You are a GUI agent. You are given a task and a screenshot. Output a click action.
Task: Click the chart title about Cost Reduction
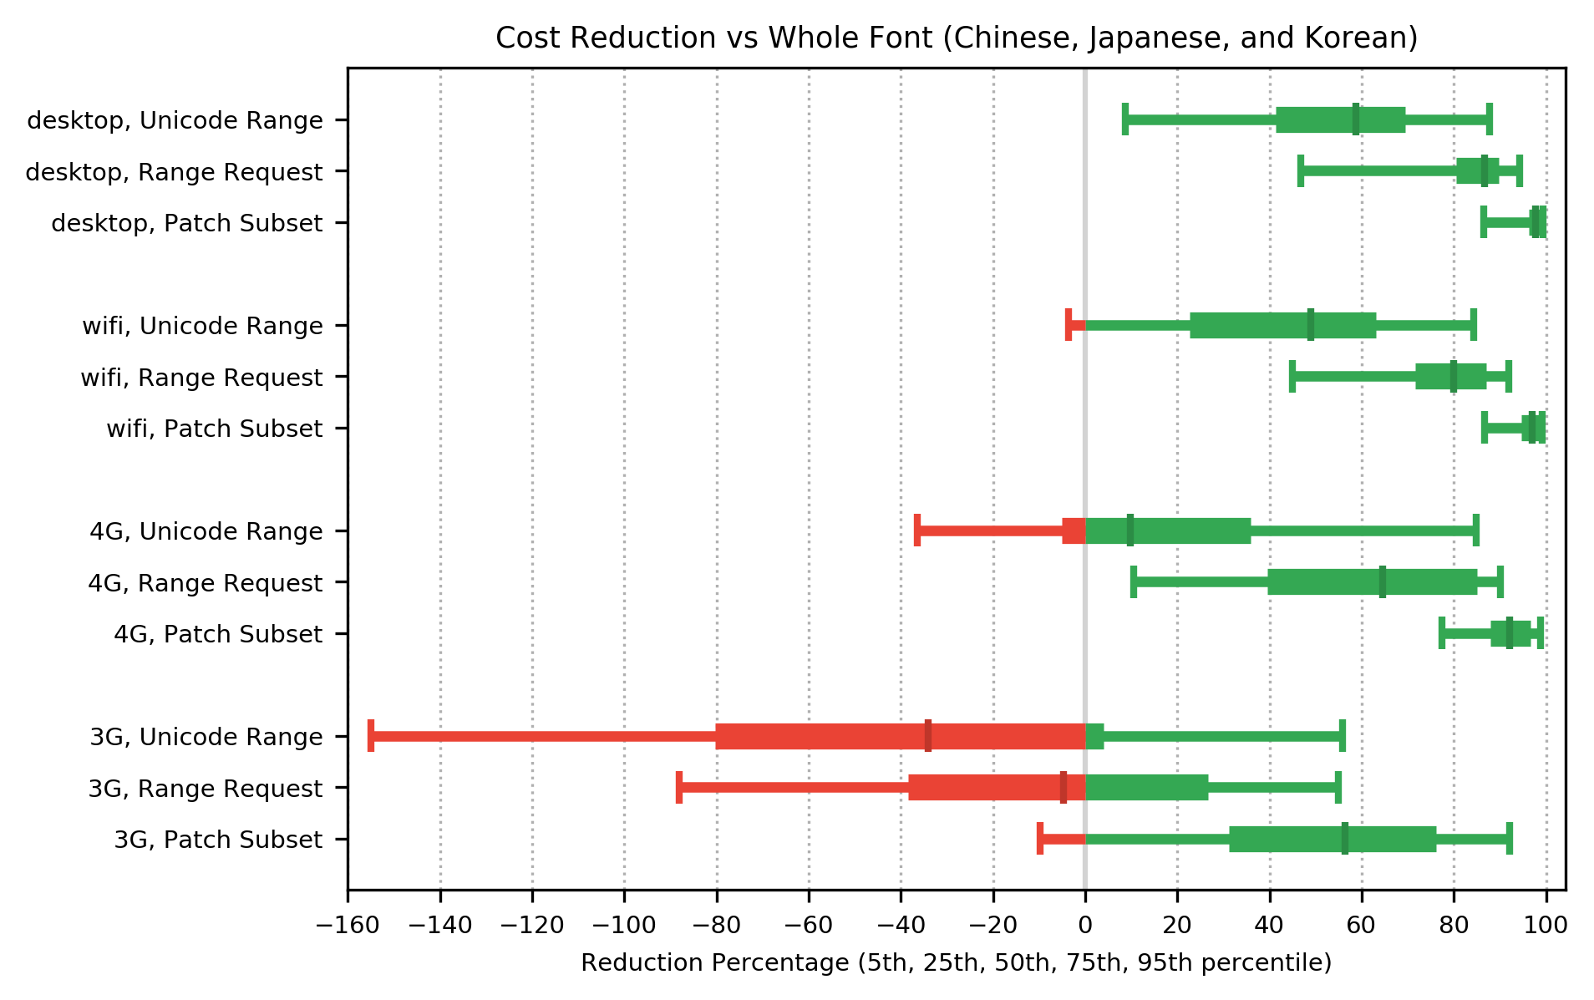tap(957, 38)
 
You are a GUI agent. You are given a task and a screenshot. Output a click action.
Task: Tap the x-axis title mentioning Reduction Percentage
tap(956, 963)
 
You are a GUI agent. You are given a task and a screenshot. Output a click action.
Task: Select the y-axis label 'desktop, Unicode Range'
tap(175, 120)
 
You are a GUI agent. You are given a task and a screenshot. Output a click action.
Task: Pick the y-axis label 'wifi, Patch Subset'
tap(214, 429)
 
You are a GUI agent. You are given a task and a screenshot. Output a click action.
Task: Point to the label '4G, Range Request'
tap(205, 583)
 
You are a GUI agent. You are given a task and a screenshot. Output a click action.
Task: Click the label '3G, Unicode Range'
tap(206, 737)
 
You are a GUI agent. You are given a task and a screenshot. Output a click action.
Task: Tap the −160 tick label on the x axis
tap(348, 925)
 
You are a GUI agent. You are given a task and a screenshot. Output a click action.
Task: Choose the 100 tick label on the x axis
tap(1546, 925)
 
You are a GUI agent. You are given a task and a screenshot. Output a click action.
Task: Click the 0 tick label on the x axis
tap(1085, 925)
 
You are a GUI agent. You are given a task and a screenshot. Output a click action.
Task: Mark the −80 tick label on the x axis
tap(716, 925)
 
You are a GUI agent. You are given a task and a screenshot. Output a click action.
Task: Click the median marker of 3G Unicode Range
tap(928, 736)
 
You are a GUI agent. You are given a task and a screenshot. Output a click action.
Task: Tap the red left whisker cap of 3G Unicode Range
tap(371, 736)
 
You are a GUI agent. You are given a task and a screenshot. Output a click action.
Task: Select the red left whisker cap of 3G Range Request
tap(679, 788)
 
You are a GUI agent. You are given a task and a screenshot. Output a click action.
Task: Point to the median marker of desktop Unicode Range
tap(1355, 119)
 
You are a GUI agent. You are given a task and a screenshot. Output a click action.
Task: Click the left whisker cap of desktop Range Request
tap(1300, 171)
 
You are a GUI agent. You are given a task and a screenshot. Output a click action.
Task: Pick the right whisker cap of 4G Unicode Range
tap(1476, 530)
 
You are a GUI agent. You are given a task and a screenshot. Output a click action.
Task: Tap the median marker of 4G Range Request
tap(1382, 582)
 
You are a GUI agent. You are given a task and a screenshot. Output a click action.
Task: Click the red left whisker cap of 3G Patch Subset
tap(1040, 839)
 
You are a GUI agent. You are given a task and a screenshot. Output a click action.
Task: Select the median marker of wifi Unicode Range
tap(1310, 325)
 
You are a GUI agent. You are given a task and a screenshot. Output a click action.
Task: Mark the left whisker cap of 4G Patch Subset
tap(1442, 633)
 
